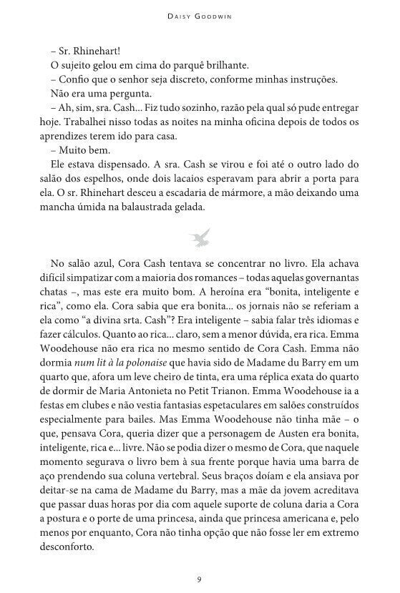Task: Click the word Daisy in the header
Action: tap(176, 14)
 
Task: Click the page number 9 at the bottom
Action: tap(200, 578)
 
